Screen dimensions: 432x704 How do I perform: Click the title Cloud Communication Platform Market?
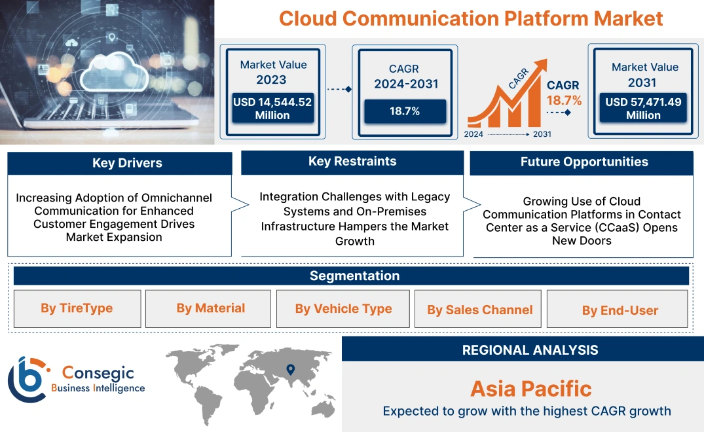coord(471,18)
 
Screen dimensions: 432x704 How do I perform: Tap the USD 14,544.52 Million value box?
coord(272,109)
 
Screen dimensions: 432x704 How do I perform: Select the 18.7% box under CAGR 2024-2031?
coord(405,111)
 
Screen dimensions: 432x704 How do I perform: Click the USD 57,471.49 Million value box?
coord(643,109)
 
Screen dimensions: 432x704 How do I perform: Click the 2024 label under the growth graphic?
coord(474,134)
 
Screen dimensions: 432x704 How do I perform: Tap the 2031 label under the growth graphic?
coord(542,134)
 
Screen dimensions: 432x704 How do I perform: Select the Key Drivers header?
coord(120,163)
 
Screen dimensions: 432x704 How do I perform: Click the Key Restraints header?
coord(352,162)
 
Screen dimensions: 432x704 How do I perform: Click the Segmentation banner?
coord(354,276)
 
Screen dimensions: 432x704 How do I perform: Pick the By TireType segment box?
coord(77,308)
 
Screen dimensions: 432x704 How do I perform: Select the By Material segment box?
coord(210,308)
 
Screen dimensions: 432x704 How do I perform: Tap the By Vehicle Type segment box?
coord(343,309)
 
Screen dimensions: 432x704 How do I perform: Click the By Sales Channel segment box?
coord(480,310)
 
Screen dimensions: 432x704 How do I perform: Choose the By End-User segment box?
coord(620,310)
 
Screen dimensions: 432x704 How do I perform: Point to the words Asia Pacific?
coord(530,389)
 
